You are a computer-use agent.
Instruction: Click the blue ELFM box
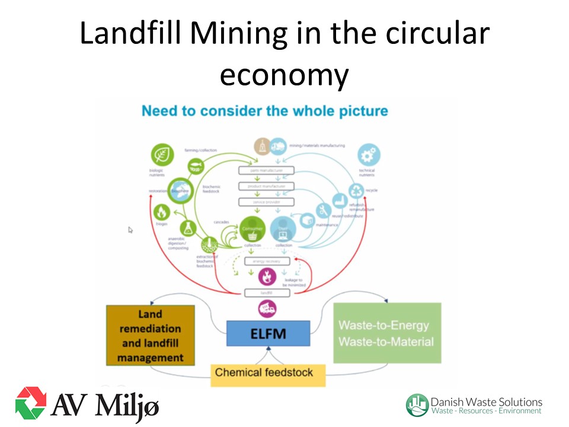pyautogui.click(x=268, y=333)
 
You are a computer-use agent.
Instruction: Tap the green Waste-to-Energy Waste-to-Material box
pyautogui.click(x=387, y=333)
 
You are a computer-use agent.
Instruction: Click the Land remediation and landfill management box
pyautogui.click(x=151, y=335)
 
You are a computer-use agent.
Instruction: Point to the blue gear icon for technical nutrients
pyautogui.click(x=369, y=155)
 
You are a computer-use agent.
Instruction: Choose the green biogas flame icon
pyautogui.click(x=162, y=211)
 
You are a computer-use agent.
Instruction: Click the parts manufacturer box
pyautogui.click(x=266, y=171)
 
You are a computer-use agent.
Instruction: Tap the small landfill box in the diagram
pyautogui.click(x=267, y=292)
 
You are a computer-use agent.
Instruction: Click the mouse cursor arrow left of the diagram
pyautogui.click(x=131, y=230)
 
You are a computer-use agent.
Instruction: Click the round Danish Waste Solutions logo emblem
pyautogui.click(x=417, y=404)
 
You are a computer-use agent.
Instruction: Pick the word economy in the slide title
pyautogui.click(x=284, y=75)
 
